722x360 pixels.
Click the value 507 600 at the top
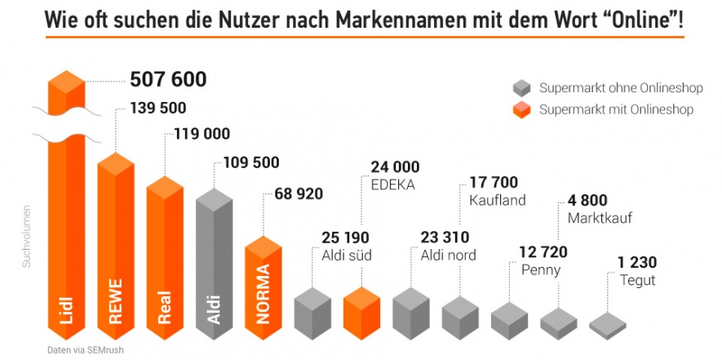pos(168,79)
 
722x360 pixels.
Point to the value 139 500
pos(157,108)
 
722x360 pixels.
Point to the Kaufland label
pos(498,199)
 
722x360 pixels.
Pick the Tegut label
pos(636,280)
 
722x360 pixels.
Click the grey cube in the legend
pos(522,87)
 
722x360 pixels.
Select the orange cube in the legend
pos(522,110)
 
